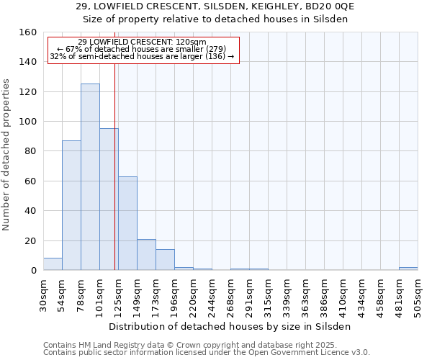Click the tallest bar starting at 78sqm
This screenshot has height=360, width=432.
(90, 177)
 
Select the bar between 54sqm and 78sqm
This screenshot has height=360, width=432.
(71, 205)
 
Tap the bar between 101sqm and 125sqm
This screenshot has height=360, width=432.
(109, 199)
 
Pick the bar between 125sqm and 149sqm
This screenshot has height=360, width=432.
(127, 223)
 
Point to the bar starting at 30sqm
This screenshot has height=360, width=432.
(53, 264)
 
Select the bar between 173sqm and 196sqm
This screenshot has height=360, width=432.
(165, 260)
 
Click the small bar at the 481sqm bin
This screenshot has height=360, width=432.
(408, 269)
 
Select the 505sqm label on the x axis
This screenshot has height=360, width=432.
(418, 294)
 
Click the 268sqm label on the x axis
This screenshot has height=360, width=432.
(230, 294)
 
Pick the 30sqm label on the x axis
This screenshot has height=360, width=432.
(43, 294)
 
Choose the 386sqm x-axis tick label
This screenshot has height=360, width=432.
(324, 294)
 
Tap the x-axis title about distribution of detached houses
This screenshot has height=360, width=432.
(230, 326)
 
